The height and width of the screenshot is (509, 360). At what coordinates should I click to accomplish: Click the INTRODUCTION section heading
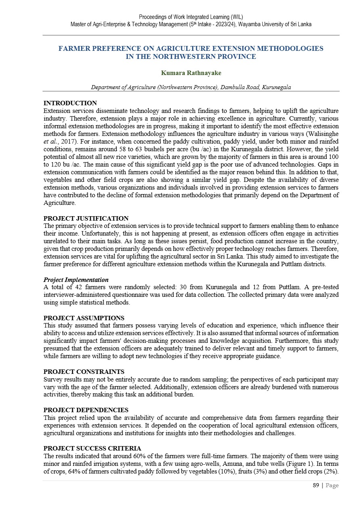coord(70,103)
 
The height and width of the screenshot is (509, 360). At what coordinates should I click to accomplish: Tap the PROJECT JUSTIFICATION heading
coord(86,219)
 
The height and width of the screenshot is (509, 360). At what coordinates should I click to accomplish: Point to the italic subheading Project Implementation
coord(76,280)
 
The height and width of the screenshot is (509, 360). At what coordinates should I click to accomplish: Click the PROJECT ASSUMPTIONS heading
coord(84,318)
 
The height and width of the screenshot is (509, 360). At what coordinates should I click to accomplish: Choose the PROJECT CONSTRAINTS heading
coord(84,372)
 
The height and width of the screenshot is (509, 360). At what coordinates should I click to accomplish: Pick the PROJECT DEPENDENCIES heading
coord(86,410)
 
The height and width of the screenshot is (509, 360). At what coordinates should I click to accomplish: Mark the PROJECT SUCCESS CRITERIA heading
coord(92,449)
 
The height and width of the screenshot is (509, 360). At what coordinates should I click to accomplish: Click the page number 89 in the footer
coord(316,486)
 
